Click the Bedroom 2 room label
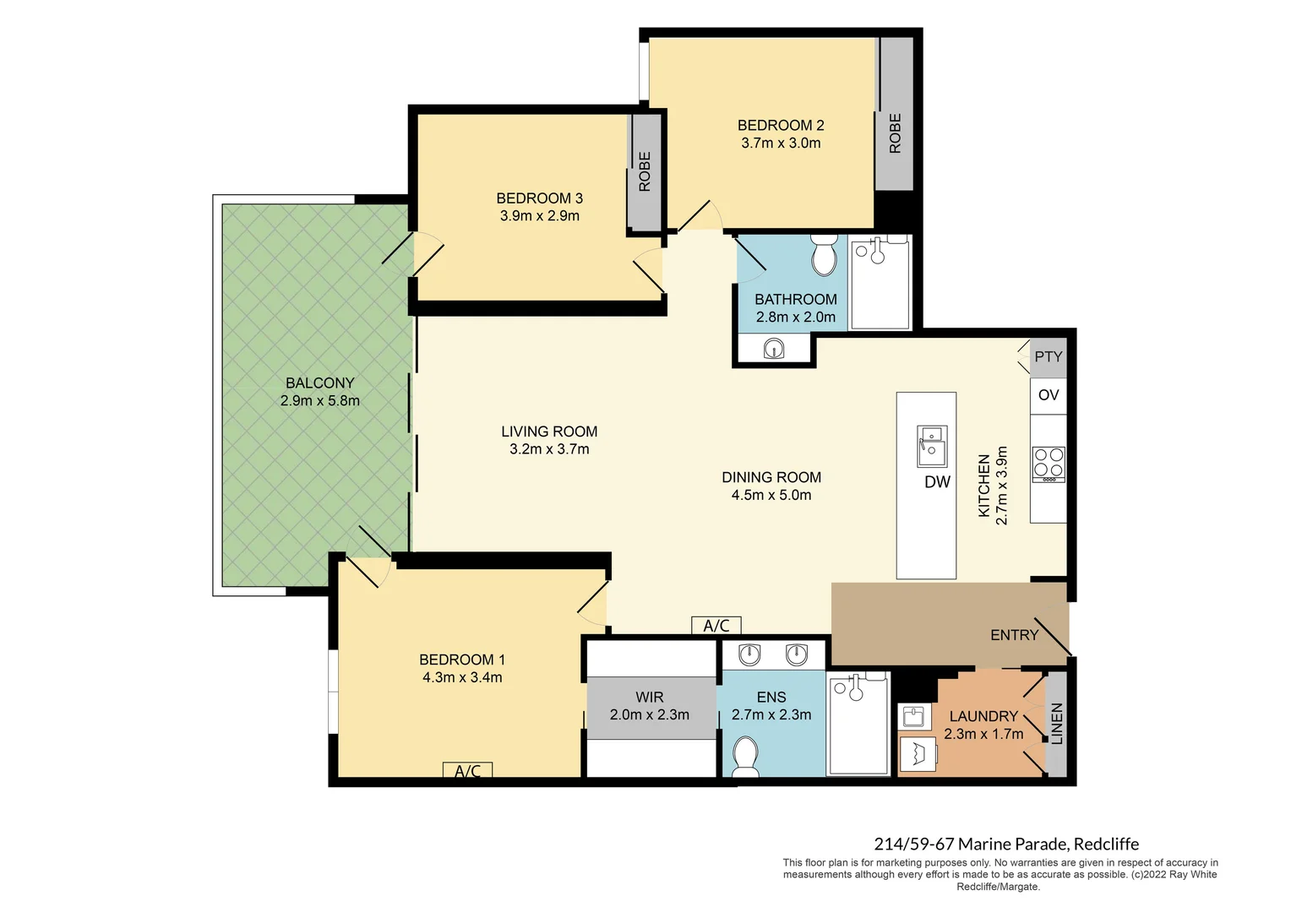780,125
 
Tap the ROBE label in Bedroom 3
645,171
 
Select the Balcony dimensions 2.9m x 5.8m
319,401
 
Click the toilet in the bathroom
823,254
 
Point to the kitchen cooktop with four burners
1049,464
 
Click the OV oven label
1049,395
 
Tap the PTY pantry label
1049,356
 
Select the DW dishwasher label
937,482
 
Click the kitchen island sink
932,446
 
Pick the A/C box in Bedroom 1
467,771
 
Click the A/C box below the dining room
716,626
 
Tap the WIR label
649,698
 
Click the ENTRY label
1014,635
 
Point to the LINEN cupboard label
1057,724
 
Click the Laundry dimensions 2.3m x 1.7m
983,735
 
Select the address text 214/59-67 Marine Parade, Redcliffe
1005,844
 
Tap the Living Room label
549,432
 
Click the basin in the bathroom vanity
773,349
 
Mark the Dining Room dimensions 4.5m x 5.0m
771,496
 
